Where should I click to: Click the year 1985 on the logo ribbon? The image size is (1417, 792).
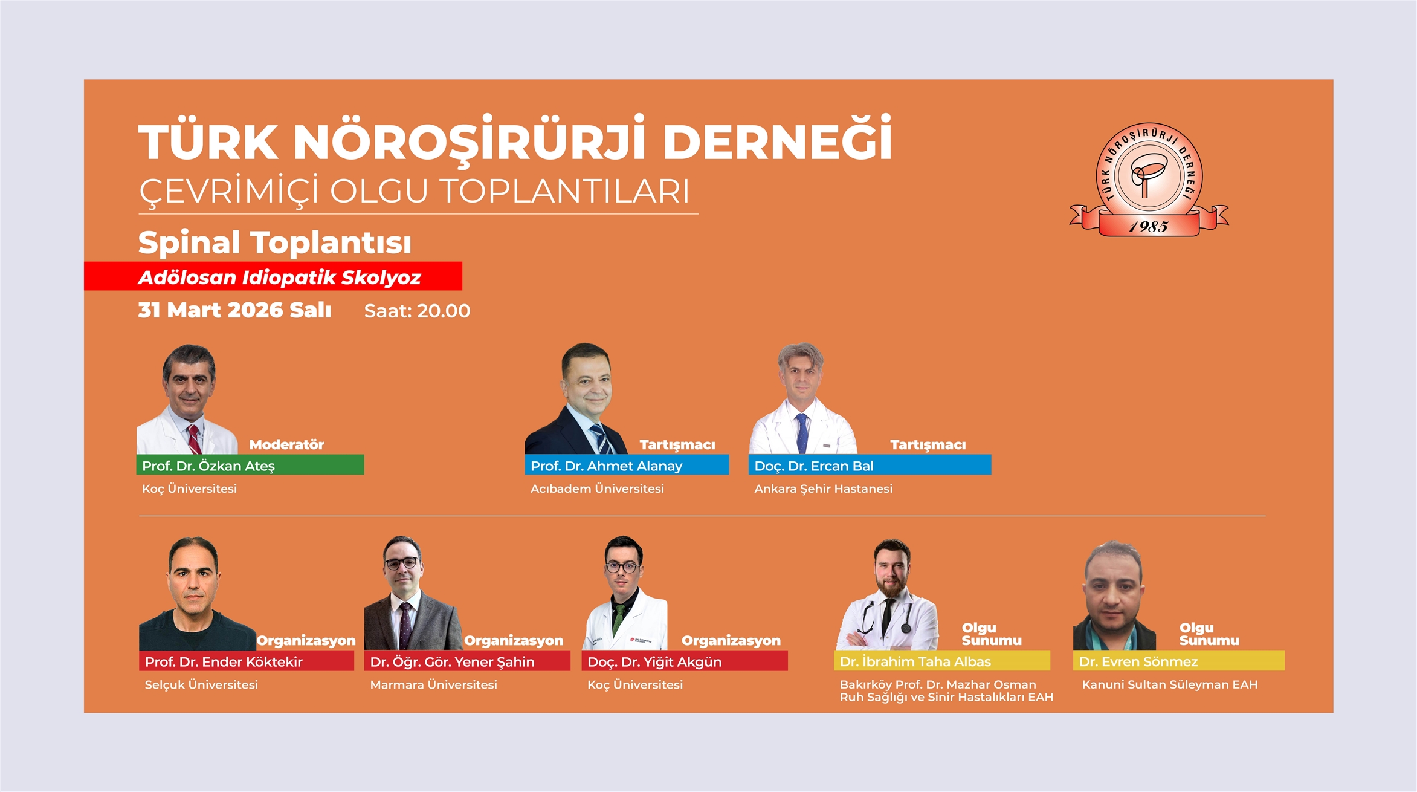click(x=1149, y=227)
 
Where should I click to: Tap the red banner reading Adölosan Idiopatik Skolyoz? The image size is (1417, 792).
click(x=273, y=276)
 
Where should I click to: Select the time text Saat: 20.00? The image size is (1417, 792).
click(x=417, y=311)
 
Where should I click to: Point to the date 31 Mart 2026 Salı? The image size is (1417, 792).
click(x=234, y=310)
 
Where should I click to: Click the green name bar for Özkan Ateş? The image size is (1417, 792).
click(x=250, y=465)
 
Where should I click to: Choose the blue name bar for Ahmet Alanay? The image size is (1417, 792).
click(x=627, y=465)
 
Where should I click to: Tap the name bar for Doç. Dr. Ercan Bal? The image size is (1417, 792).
click(x=870, y=465)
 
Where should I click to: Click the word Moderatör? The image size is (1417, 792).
click(x=287, y=445)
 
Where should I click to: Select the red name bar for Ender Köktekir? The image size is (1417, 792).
click(x=247, y=661)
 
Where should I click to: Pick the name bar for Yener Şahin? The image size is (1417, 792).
click(x=467, y=661)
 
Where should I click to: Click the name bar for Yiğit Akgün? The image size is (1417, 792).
click(x=685, y=661)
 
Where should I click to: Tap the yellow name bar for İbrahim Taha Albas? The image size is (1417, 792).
click(x=942, y=661)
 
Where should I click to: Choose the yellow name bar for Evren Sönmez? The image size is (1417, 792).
click(x=1179, y=661)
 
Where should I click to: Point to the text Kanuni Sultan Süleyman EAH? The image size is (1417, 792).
click(x=1170, y=684)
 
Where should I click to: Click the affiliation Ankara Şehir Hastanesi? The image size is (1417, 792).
click(x=823, y=489)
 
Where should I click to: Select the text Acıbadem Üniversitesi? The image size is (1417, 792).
click(x=597, y=489)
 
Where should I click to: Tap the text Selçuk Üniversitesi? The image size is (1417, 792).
click(x=201, y=684)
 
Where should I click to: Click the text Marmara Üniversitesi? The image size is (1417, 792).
click(x=433, y=684)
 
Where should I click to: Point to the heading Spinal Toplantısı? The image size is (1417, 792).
click(x=275, y=242)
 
